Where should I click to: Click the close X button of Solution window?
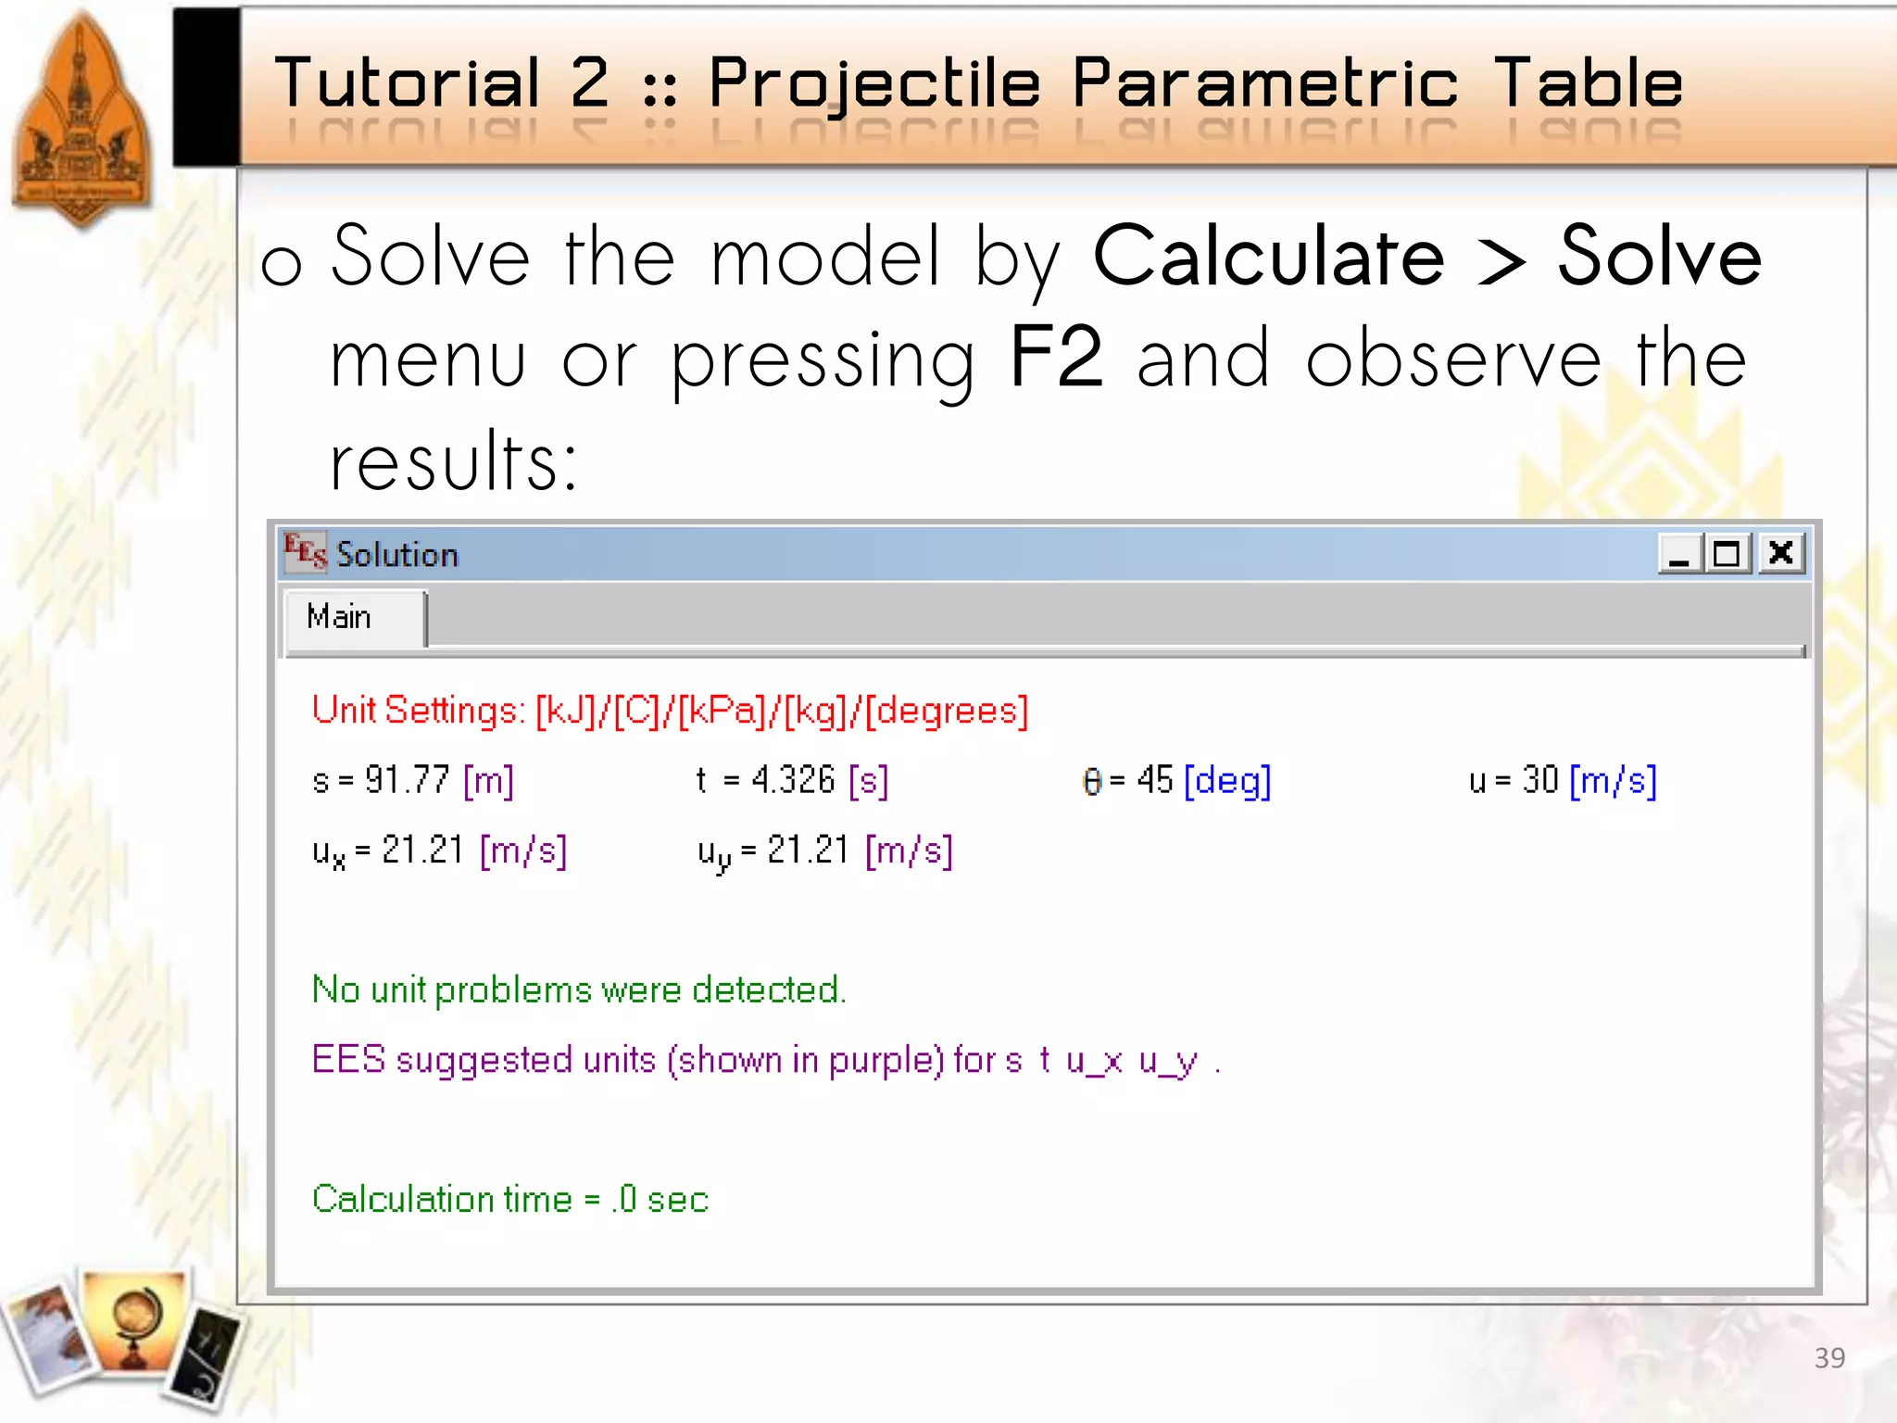tap(1780, 553)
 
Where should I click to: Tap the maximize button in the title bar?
tap(1727, 553)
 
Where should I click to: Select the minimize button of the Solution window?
tap(1679, 553)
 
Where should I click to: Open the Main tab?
tap(340, 617)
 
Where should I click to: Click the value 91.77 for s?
tap(407, 780)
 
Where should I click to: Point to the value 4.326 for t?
tap(793, 780)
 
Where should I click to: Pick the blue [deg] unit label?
tap(1227, 781)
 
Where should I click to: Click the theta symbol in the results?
tap(1092, 782)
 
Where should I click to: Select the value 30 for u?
tap(1540, 780)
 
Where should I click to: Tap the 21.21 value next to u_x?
tap(422, 850)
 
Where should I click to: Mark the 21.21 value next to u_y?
tap(808, 850)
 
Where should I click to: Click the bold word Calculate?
tap(1268, 257)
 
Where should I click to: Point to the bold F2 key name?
tap(1056, 358)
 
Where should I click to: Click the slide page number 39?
tap(1829, 1357)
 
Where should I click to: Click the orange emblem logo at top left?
tap(82, 120)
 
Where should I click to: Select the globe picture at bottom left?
tap(134, 1320)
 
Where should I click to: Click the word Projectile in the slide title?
tap(874, 83)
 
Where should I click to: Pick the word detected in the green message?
tap(768, 989)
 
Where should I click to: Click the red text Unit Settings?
tap(418, 711)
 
